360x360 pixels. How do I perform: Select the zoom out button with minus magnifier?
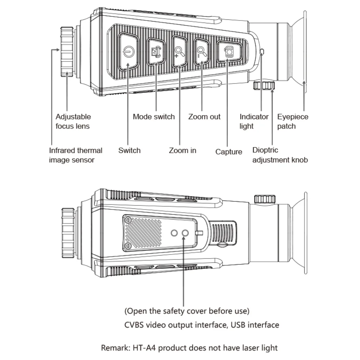[x=202, y=51]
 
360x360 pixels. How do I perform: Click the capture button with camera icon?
[x=228, y=52]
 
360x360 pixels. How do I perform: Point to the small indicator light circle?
[x=262, y=52]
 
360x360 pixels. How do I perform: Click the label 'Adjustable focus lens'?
[x=73, y=121]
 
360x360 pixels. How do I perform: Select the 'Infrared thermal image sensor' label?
[x=76, y=155]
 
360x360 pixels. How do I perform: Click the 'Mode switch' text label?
[x=153, y=117]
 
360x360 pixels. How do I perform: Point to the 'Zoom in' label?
[x=183, y=150]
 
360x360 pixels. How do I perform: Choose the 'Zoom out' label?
[x=204, y=117]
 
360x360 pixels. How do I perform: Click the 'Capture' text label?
[x=229, y=152]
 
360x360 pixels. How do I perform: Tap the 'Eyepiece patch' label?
[x=293, y=121]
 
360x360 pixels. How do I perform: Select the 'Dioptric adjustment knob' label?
[x=280, y=155]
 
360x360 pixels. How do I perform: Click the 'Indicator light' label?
[x=254, y=121]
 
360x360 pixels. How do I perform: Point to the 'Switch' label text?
[x=129, y=150]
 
